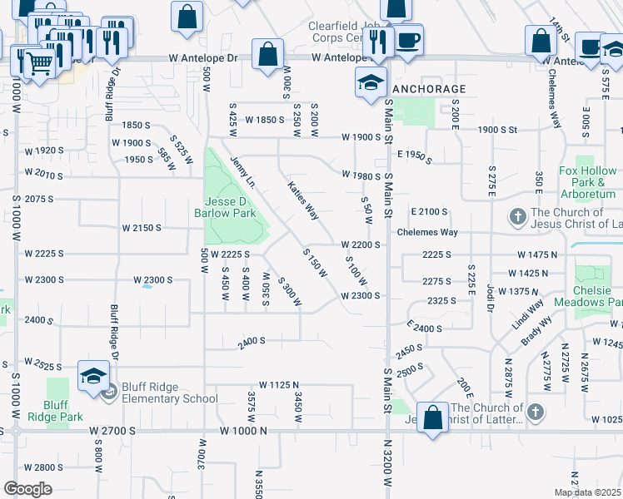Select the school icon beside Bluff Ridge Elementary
[x=93, y=376]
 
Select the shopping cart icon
[x=37, y=62]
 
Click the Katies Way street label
[x=303, y=200]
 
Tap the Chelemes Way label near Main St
[x=427, y=233]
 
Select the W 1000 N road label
[x=243, y=431]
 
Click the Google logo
[x=28, y=489]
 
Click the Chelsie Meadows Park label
[x=598, y=297]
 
